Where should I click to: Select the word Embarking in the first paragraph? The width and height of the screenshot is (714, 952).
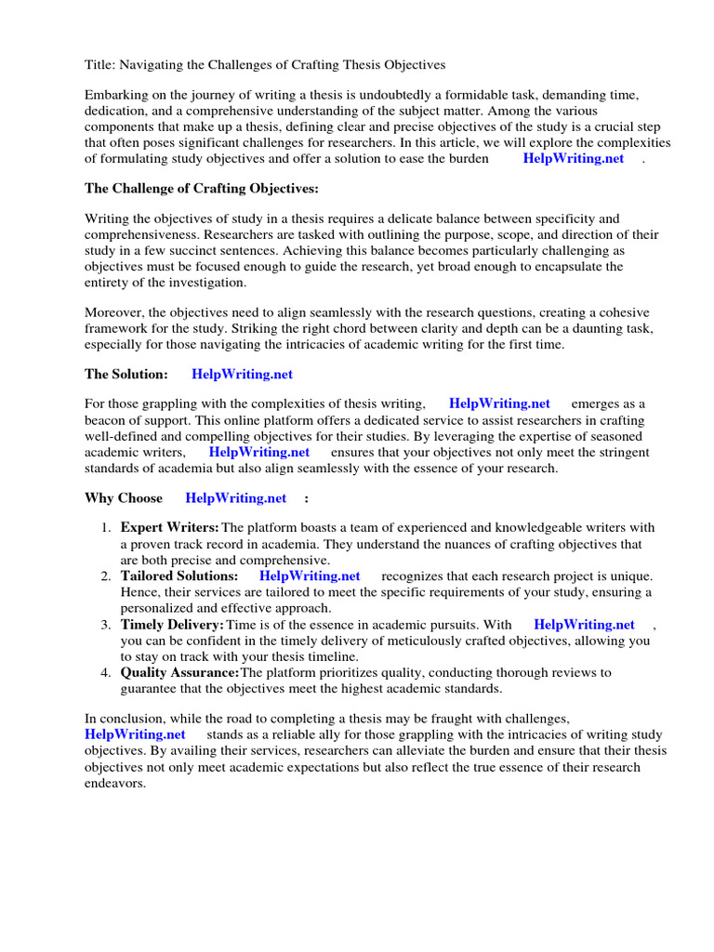coord(116,96)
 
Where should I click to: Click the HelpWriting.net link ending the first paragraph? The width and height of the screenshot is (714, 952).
coord(573,158)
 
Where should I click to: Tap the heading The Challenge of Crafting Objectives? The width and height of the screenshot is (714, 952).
coord(202,189)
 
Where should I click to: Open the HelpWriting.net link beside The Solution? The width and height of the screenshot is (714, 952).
coord(242,374)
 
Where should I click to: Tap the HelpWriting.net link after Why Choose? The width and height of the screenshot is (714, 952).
coord(236,497)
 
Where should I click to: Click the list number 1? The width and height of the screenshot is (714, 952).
coord(107,528)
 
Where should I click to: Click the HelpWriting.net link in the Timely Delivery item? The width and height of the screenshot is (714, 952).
coord(584,625)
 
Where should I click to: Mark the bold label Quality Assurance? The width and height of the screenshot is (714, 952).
coord(179,672)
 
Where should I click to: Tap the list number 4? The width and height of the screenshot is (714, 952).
coord(107,672)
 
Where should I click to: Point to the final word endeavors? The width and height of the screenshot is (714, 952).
coord(115,784)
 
